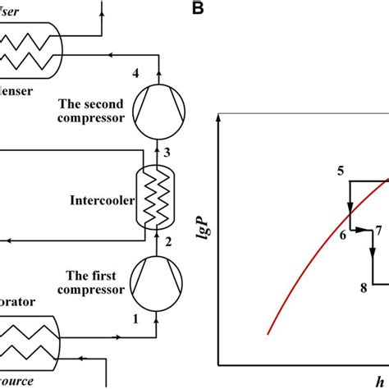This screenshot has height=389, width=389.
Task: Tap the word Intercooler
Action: tap(102, 199)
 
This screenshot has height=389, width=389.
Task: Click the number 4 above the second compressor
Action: tap(137, 75)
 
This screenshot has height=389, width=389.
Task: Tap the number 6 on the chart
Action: tap(342, 236)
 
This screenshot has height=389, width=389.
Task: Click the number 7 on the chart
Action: tap(378, 230)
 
